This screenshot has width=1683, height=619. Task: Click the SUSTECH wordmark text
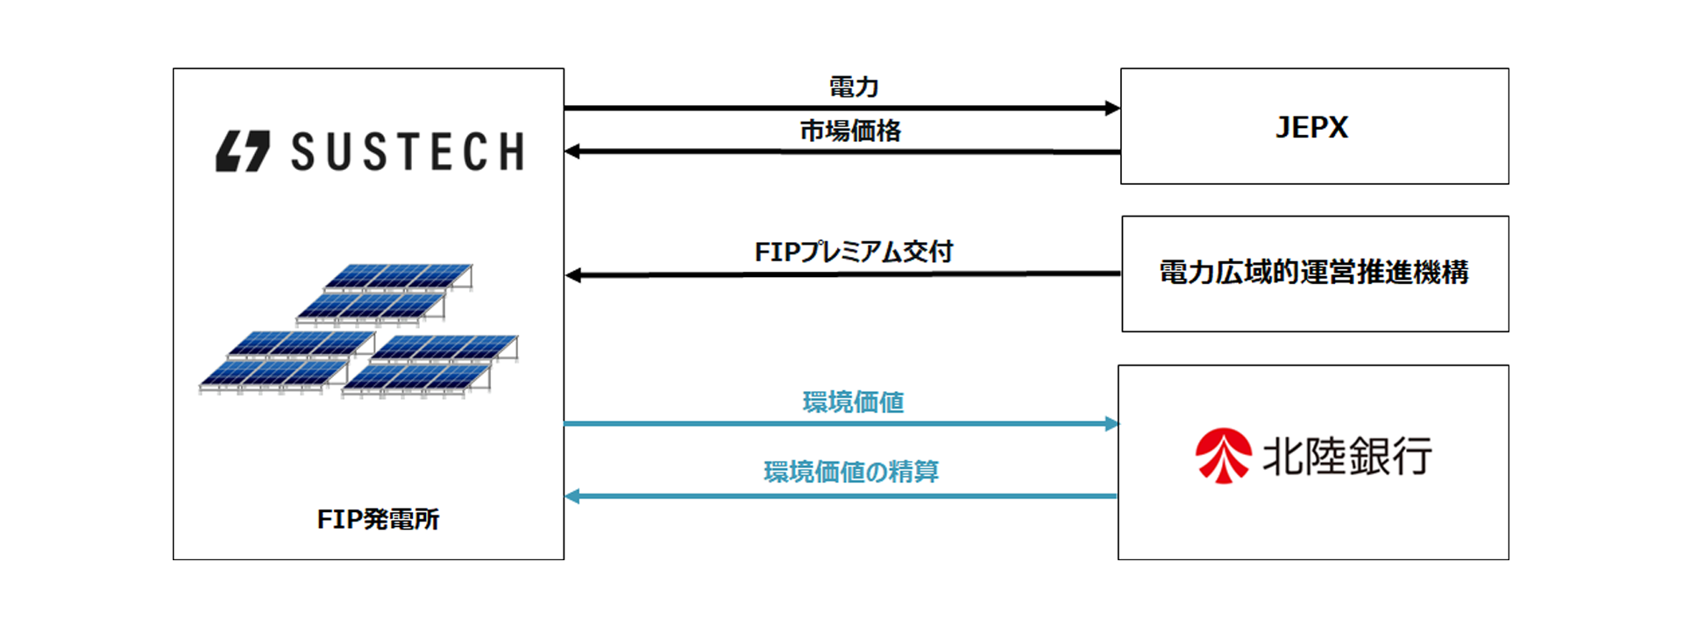click(408, 152)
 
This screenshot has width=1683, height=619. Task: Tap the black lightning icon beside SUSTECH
click(243, 152)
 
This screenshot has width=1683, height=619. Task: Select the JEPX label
click(1311, 128)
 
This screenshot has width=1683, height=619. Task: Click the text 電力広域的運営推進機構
click(1314, 273)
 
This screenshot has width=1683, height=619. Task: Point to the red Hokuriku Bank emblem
click(1224, 456)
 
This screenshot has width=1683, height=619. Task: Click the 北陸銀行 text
click(1346, 456)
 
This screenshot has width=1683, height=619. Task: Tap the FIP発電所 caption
click(378, 519)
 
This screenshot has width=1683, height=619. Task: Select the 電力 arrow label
click(853, 87)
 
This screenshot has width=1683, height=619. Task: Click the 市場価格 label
click(850, 131)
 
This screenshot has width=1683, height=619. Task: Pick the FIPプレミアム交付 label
click(853, 253)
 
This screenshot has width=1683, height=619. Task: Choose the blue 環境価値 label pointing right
click(853, 402)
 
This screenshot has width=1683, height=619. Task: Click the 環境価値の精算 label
click(851, 473)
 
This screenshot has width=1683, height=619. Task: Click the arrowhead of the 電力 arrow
click(1112, 109)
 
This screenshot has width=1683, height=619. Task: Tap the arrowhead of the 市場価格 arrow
click(572, 152)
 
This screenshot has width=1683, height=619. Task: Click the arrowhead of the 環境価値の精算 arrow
click(572, 496)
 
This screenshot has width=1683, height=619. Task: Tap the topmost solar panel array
click(399, 277)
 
